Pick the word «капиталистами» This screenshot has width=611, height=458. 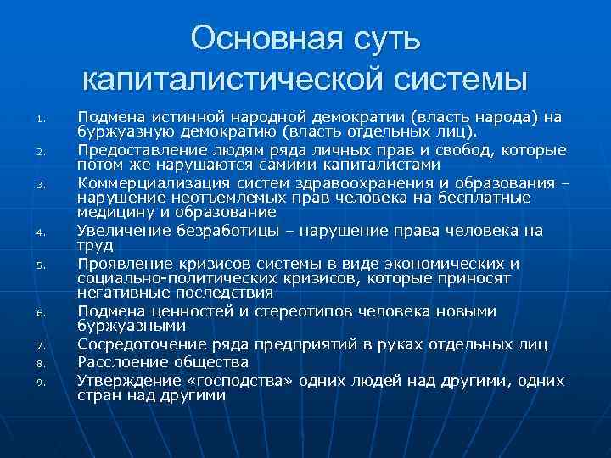pyautogui.click(x=385, y=164)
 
